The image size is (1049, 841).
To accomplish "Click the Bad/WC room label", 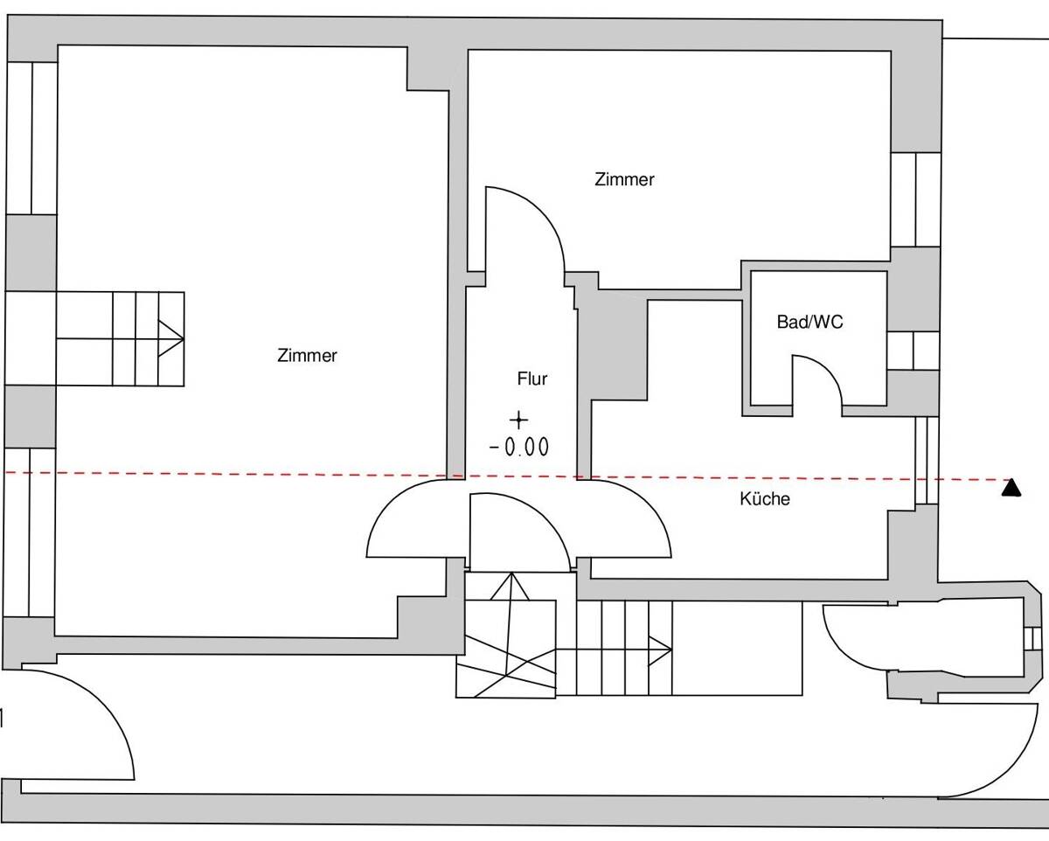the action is (x=809, y=323).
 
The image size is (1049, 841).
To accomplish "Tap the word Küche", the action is (x=765, y=499).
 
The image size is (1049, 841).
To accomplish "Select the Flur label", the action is (x=531, y=379).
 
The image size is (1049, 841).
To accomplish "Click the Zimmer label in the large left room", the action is (x=307, y=356).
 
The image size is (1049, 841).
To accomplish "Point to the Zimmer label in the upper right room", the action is (x=624, y=179).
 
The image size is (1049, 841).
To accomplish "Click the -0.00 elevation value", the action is (x=519, y=447).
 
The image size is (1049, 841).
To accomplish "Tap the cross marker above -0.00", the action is (x=518, y=420).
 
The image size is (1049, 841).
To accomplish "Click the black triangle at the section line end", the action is (x=1011, y=488).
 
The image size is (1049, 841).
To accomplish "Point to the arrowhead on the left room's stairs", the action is (x=171, y=338).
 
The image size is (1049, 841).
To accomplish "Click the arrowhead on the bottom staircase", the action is (x=661, y=650).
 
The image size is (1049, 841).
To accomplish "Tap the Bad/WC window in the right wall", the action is (x=913, y=351).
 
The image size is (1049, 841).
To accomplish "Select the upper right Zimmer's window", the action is (x=916, y=199).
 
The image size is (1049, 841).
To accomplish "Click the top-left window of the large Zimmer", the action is (x=32, y=138).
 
